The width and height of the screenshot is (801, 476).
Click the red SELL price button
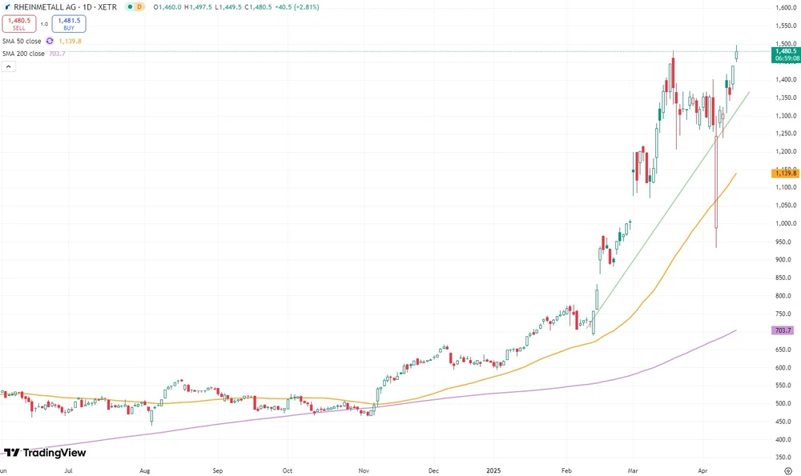(18, 24)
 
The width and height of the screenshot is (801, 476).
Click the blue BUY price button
(69, 24)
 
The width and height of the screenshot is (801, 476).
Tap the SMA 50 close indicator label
(22, 41)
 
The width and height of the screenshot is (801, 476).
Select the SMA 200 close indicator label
(23, 54)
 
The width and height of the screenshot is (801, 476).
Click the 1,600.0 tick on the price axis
(782, 8)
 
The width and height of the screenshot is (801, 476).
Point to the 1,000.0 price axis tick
(782, 223)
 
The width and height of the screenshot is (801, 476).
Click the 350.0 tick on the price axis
(783, 458)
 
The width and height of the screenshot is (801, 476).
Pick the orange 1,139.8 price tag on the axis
(783, 173)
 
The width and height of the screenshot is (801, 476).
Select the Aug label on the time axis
(145, 471)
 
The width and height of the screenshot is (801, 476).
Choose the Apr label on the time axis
(702, 471)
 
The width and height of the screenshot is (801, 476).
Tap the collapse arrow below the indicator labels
(8, 67)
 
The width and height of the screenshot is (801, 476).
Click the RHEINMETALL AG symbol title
(53, 6)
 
